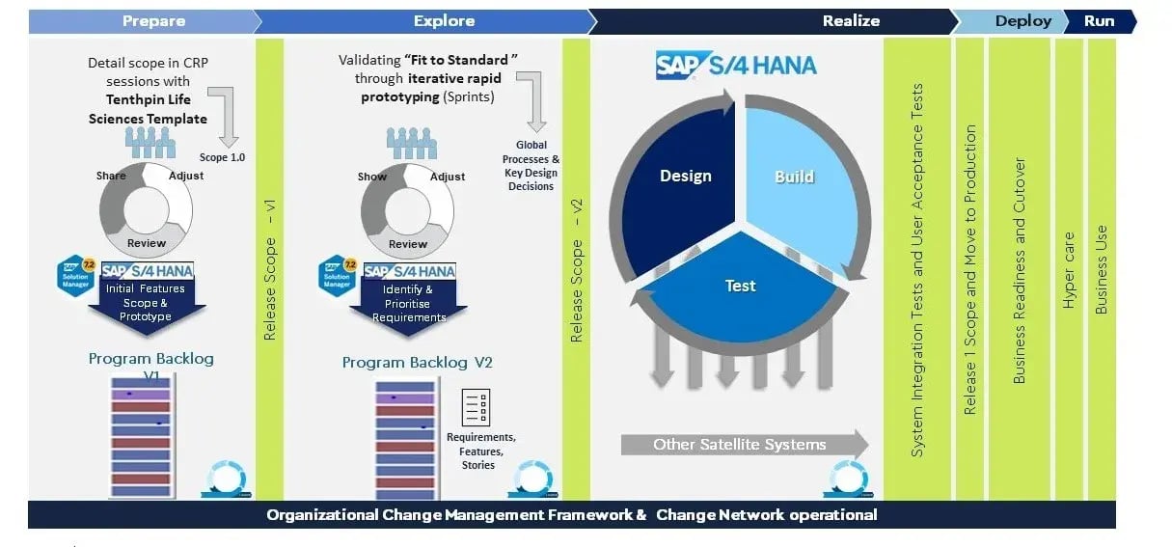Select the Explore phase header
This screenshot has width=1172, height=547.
pyautogui.click(x=444, y=21)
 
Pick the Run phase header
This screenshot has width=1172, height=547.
pyautogui.click(x=1099, y=21)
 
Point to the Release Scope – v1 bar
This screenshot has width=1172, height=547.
pyautogui.click(x=270, y=270)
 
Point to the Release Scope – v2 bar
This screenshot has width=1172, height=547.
pyautogui.click(x=577, y=270)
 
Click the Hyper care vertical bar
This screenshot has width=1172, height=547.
pyautogui.click(x=1069, y=270)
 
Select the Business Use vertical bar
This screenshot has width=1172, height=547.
pyautogui.click(x=1101, y=270)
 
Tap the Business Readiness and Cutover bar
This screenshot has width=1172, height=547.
pyautogui.click(x=1019, y=270)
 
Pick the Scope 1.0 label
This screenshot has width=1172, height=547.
pyautogui.click(x=222, y=157)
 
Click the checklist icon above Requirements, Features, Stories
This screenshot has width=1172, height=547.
pyautogui.click(x=476, y=408)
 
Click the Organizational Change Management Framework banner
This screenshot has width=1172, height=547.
pyautogui.click(x=571, y=515)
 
